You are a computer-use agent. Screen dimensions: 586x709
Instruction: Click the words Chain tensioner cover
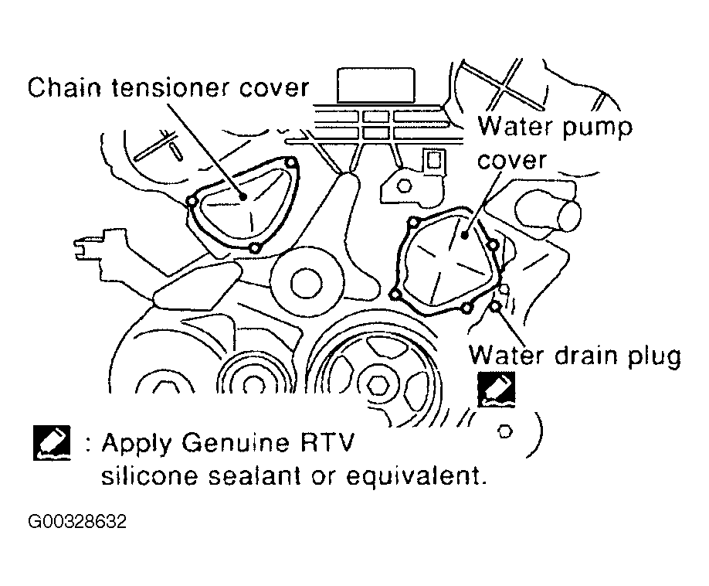coord(168,87)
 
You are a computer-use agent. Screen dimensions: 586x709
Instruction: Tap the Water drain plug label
coord(575,356)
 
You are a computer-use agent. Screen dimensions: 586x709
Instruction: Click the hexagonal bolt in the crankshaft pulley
coord(379,383)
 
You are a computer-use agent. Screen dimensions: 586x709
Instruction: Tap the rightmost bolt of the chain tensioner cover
coord(290,163)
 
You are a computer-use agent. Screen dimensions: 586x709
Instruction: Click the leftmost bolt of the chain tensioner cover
coord(192,202)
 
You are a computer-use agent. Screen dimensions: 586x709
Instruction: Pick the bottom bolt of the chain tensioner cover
coord(255,248)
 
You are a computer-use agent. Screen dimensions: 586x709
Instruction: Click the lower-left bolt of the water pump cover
coord(395,295)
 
